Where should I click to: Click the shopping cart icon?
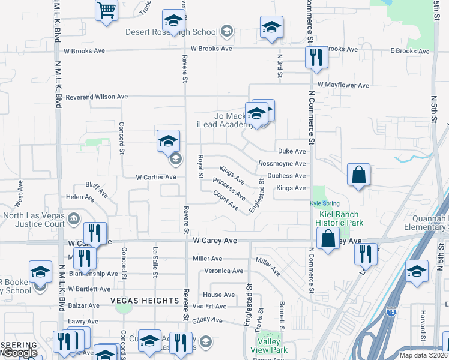pos(106,10)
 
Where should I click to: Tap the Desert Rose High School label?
pos(171,32)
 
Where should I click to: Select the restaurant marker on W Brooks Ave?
pos(315,58)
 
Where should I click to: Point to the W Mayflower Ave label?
pos(343,85)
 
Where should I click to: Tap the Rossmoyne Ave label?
pos(282,164)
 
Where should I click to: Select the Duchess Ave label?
pos(286,176)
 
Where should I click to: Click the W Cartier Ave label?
pos(156,177)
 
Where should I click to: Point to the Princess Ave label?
pos(229,188)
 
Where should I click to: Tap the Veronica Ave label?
pos(224,271)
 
